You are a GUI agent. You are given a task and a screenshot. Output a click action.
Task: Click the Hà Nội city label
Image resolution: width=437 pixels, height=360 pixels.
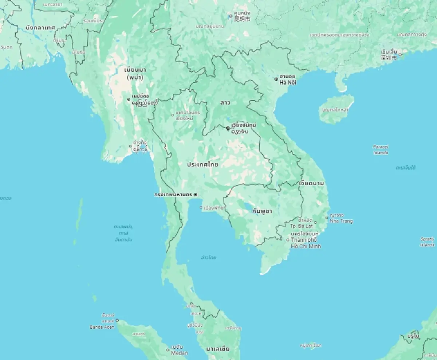point(288,83)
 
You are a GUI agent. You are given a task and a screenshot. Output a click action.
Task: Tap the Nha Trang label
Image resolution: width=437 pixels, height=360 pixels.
point(341,221)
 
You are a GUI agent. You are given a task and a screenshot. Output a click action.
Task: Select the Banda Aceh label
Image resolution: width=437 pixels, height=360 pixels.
point(102,327)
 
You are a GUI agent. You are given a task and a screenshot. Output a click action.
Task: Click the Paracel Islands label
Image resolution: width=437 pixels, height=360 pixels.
point(381,150)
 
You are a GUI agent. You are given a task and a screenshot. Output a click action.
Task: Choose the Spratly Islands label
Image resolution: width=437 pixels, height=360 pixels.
point(427,242)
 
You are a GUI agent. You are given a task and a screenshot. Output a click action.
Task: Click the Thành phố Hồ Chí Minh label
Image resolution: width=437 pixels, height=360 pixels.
point(304,243)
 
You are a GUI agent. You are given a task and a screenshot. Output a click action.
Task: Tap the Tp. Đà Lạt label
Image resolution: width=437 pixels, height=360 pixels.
point(302,226)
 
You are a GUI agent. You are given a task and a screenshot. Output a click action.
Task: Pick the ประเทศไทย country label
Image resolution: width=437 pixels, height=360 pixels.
point(202,165)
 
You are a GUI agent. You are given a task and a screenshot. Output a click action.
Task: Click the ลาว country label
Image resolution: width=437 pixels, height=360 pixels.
point(225,103)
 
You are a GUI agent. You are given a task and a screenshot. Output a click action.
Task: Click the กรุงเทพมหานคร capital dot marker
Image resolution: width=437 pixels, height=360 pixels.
point(195,194)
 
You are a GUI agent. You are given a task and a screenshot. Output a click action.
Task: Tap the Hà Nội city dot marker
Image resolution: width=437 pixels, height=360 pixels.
point(276,79)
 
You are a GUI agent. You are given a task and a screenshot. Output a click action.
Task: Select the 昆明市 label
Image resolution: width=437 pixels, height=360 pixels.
point(242,19)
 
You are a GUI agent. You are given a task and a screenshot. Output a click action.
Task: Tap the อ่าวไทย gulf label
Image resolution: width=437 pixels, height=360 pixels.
point(209,258)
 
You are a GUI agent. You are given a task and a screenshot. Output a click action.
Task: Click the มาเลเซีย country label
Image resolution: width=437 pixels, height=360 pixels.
point(218,349)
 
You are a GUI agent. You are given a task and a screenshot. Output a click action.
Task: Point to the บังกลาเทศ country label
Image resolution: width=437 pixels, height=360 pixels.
point(40,28)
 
